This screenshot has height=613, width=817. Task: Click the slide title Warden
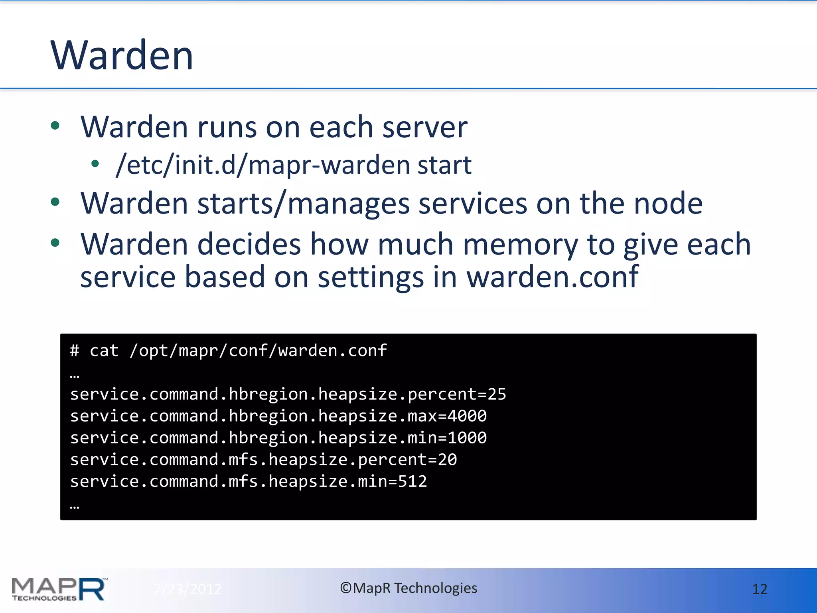coord(122,55)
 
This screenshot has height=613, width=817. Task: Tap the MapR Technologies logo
coord(59,589)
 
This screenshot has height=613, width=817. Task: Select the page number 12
coord(760,589)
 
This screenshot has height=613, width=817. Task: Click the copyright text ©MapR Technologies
coord(408,588)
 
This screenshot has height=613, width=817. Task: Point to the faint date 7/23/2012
coord(187,589)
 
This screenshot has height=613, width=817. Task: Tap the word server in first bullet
coord(425,127)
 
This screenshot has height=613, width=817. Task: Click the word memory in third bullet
coord(520,244)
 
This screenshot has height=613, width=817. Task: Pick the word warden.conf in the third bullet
coord(553,277)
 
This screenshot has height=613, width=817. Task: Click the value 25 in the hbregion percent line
coord(497,394)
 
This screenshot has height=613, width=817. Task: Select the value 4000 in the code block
coord(467,416)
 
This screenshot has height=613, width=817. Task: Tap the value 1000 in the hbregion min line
coord(467,438)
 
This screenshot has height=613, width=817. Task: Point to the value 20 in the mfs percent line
coord(447,460)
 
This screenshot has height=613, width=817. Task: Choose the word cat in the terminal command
coord(104,351)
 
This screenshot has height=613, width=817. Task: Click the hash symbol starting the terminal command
coord(74,351)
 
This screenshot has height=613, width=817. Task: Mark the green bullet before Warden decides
coord(55,242)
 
